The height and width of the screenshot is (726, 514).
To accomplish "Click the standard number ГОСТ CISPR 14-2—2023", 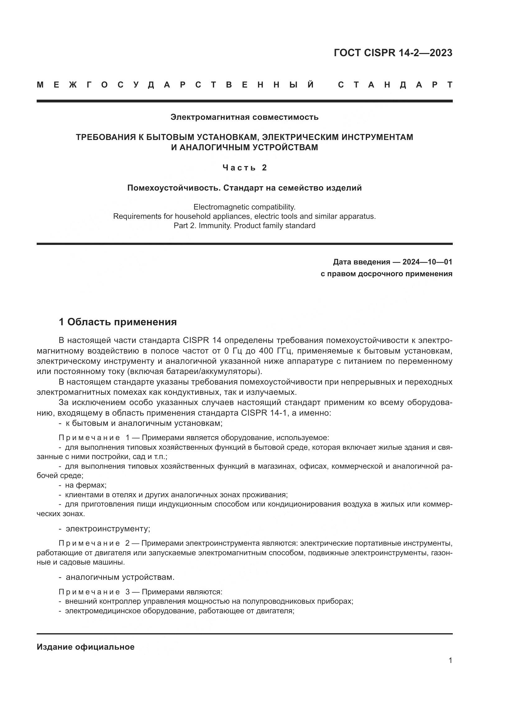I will click(x=393, y=53).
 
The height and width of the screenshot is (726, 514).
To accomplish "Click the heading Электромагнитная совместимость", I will click(x=244, y=117).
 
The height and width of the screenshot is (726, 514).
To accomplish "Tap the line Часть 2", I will click(x=245, y=168).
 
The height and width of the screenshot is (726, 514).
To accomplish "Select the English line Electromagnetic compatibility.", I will click(x=244, y=207).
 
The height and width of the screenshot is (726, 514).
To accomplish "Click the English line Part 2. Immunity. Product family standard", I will click(x=244, y=226).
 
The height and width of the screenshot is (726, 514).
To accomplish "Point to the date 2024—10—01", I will click(x=427, y=262).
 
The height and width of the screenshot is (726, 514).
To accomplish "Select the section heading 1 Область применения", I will click(x=118, y=322).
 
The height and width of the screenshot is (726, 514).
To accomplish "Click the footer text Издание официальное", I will click(x=85, y=647).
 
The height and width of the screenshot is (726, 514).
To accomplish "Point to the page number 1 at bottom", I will click(x=450, y=661).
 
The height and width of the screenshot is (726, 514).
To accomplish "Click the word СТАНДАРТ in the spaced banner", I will click(x=395, y=85).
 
